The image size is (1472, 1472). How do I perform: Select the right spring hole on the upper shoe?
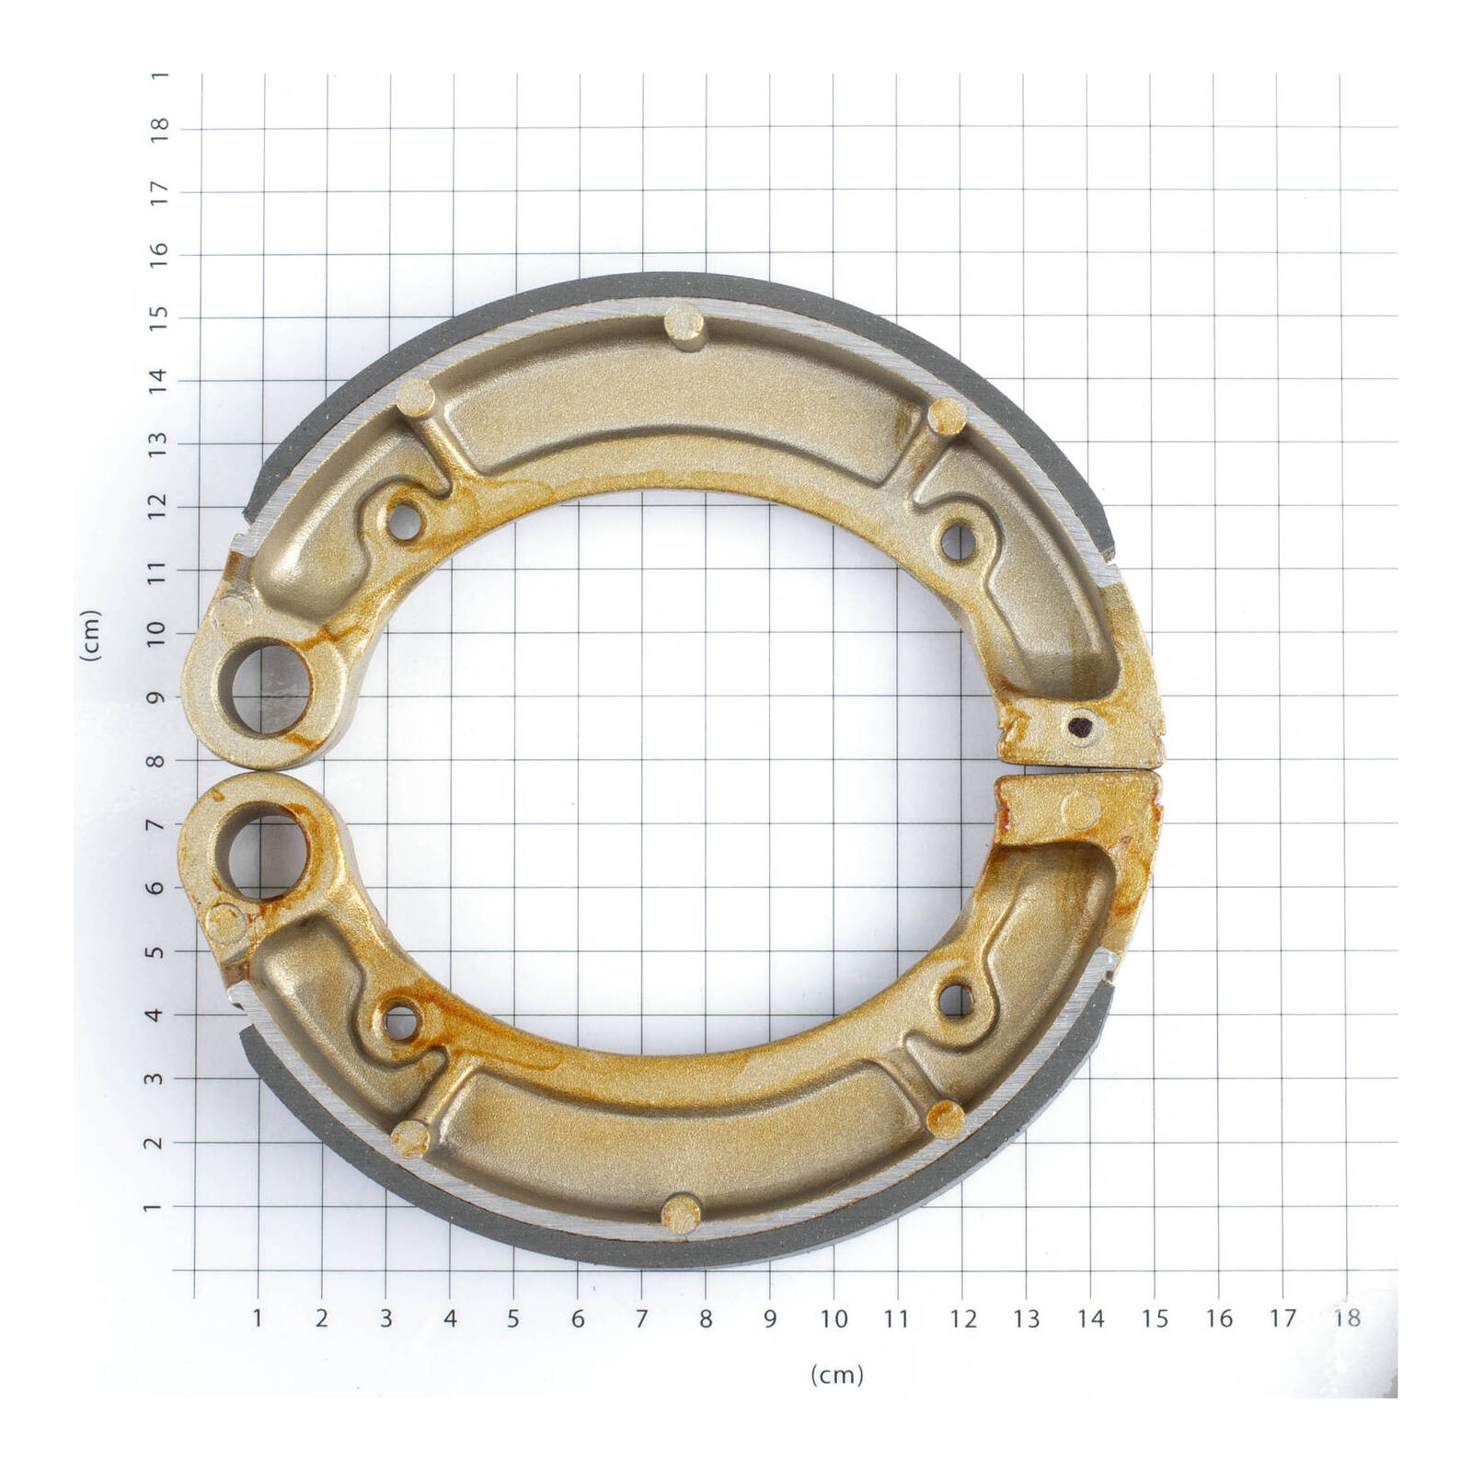click(958, 541)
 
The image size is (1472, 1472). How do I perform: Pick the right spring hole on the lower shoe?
click(957, 998)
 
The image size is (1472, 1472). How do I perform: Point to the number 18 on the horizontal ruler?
click(1346, 1318)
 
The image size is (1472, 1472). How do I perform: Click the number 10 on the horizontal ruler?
click(834, 1318)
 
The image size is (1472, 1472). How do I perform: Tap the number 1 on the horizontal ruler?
click(258, 1318)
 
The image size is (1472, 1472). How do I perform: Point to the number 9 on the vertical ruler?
click(159, 697)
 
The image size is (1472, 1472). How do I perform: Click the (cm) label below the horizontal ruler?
click(836, 1374)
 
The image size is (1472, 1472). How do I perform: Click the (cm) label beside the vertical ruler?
click(90, 636)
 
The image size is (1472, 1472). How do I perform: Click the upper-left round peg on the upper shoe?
click(415, 398)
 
